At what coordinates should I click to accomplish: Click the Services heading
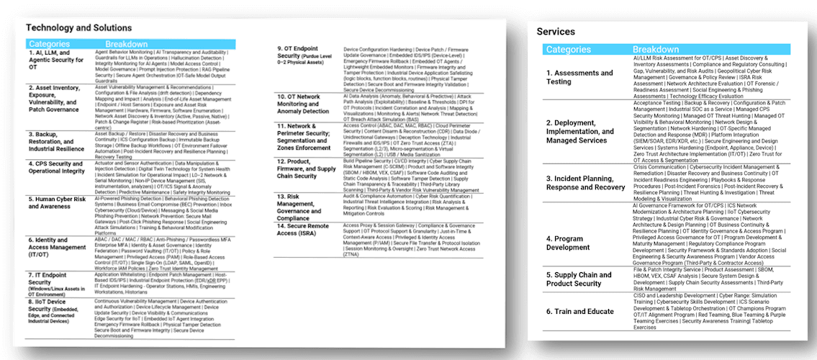point(556,32)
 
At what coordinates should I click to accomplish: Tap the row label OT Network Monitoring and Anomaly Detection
point(304,103)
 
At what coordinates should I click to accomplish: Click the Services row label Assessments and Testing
point(579,77)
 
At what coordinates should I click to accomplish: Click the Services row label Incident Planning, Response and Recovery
point(585,183)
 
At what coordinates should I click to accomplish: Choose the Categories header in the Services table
point(569,50)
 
